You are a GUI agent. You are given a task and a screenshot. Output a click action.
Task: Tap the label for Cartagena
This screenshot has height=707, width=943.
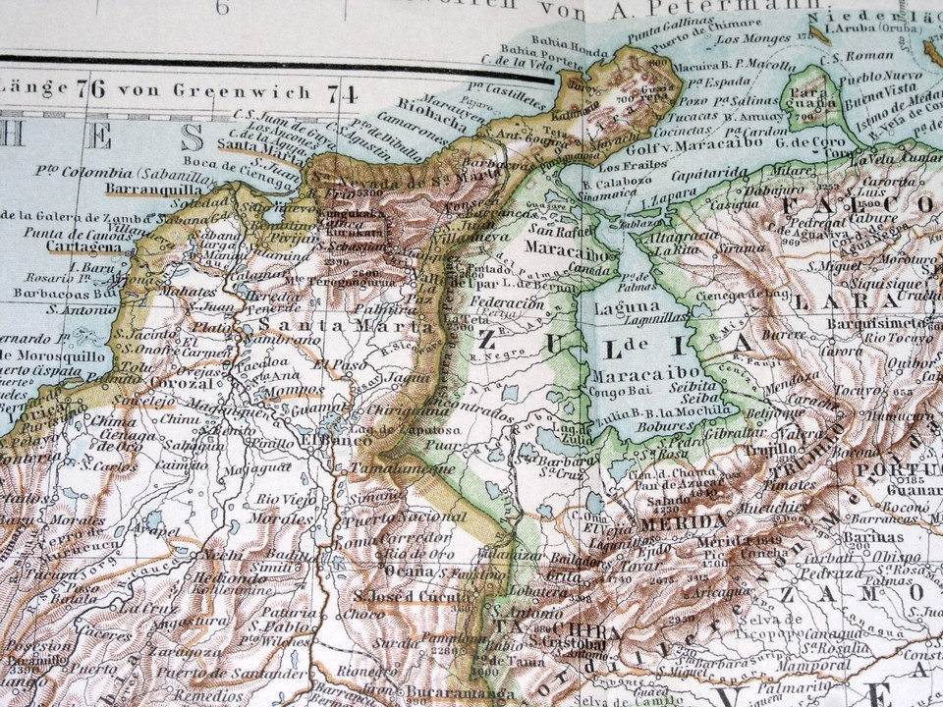point(57,246)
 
